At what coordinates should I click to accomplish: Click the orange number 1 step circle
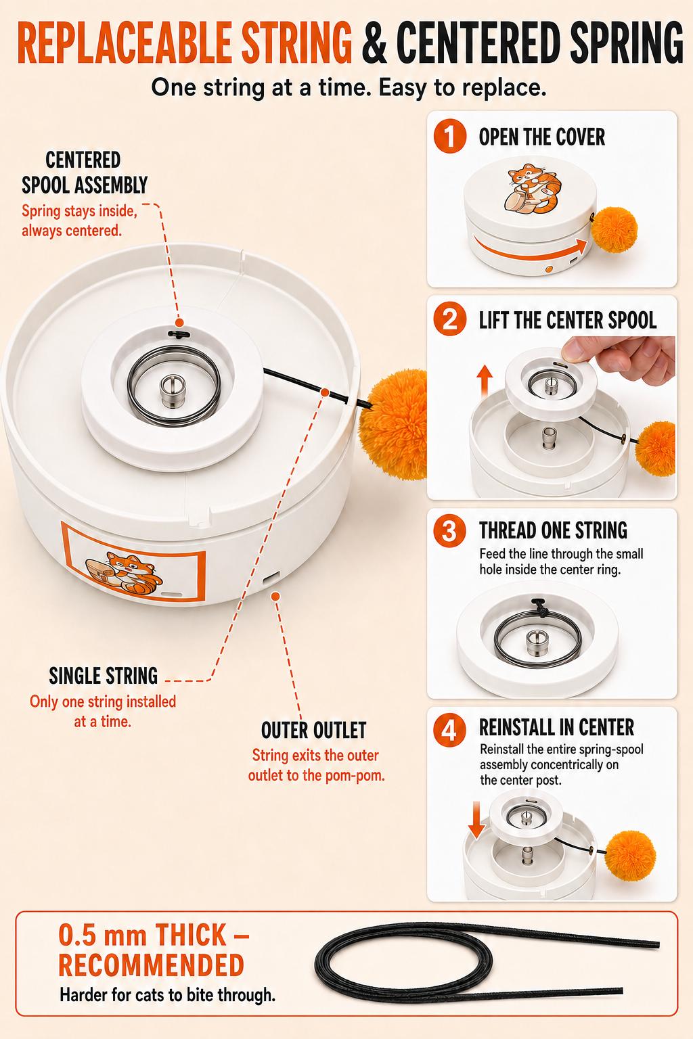tap(449, 137)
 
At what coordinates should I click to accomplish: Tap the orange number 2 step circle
tap(449, 319)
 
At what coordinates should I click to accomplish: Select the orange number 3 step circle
tap(449, 530)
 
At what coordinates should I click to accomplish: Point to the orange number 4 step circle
tap(449, 730)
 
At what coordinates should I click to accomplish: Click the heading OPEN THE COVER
tap(541, 137)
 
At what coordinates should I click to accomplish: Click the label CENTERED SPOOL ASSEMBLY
tap(85, 172)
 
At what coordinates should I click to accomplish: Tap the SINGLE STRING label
tap(103, 676)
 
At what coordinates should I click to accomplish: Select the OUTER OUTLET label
tap(314, 730)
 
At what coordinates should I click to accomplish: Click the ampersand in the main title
tap(374, 43)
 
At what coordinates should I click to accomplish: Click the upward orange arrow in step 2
tap(485, 380)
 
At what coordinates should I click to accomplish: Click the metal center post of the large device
tap(172, 391)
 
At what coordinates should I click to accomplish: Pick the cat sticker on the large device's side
tap(125, 574)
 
